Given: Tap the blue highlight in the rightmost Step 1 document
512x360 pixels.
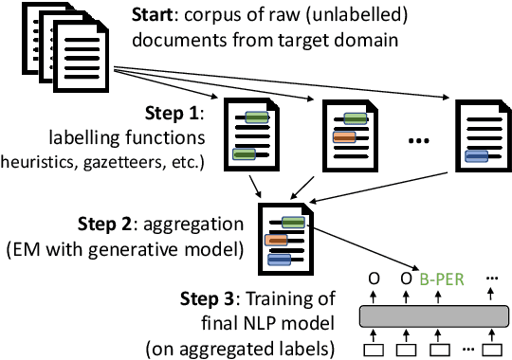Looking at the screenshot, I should point(476,156).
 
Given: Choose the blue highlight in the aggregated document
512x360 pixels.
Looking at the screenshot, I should point(279,258).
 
